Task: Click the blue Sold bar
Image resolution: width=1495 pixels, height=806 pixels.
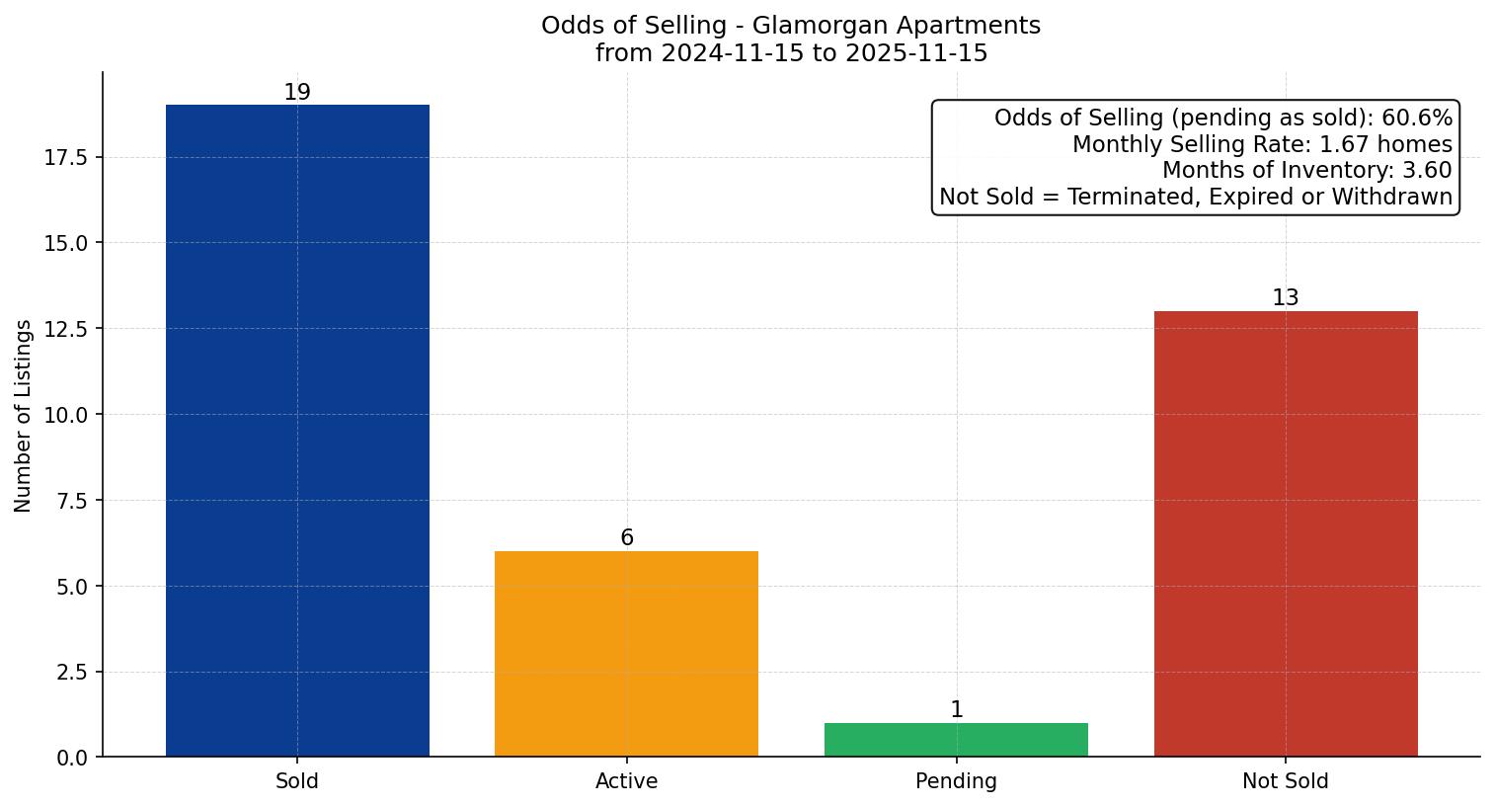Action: [x=297, y=431]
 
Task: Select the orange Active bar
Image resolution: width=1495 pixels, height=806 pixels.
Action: [x=626, y=654]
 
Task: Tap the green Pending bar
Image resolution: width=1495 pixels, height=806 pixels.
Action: [x=956, y=740]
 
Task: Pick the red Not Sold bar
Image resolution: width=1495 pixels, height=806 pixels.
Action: [x=1286, y=533]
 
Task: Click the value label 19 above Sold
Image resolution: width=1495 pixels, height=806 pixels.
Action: [x=297, y=93]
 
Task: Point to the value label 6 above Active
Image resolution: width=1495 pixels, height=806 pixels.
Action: [x=627, y=538]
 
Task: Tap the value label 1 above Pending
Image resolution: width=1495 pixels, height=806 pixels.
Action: [x=956, y=710]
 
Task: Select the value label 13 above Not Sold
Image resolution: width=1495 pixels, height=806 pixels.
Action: [x=1286, y=298]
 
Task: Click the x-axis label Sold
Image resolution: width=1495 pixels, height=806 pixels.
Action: [x=297, y=781]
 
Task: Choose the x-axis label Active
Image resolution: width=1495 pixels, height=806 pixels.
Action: [x=626, y=781]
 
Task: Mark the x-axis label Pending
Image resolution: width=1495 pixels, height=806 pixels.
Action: [x=956, y=781]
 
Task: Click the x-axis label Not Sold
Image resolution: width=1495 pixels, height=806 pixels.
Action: [x=1286, y=781]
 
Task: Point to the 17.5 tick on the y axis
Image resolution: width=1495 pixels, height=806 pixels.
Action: [x=66, y=158]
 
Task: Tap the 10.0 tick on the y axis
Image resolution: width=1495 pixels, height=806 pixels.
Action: [x=66, y=415]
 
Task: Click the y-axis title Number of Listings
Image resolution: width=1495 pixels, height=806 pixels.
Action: [x=24, y=415]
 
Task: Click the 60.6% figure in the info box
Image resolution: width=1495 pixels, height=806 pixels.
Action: [x=1417, y=119]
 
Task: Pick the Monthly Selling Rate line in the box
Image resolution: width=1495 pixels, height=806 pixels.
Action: [x=1262, y=144]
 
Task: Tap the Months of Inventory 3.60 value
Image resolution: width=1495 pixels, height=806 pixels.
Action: [x=1427, y=170]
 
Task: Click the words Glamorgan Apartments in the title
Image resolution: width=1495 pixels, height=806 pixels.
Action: [x=896, y=26]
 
